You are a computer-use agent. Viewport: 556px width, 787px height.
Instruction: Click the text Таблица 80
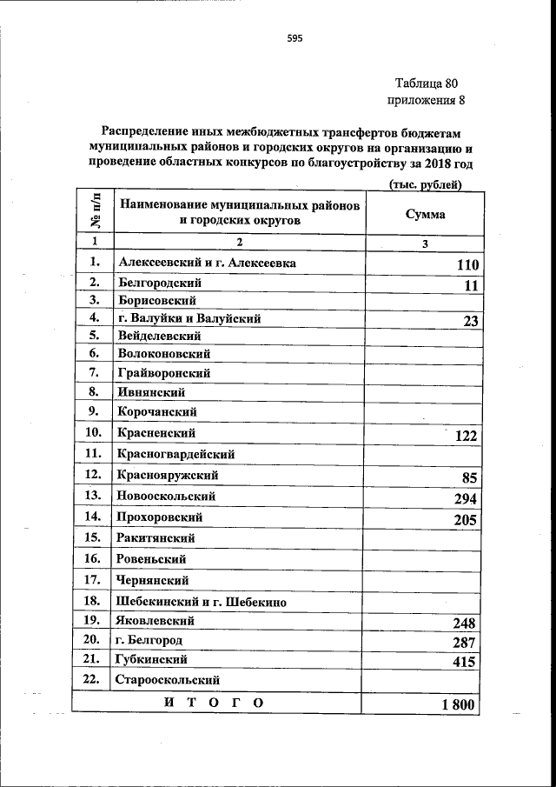[x=425, y=84]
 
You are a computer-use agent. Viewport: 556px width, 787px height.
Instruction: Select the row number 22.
[x=93, y=679]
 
